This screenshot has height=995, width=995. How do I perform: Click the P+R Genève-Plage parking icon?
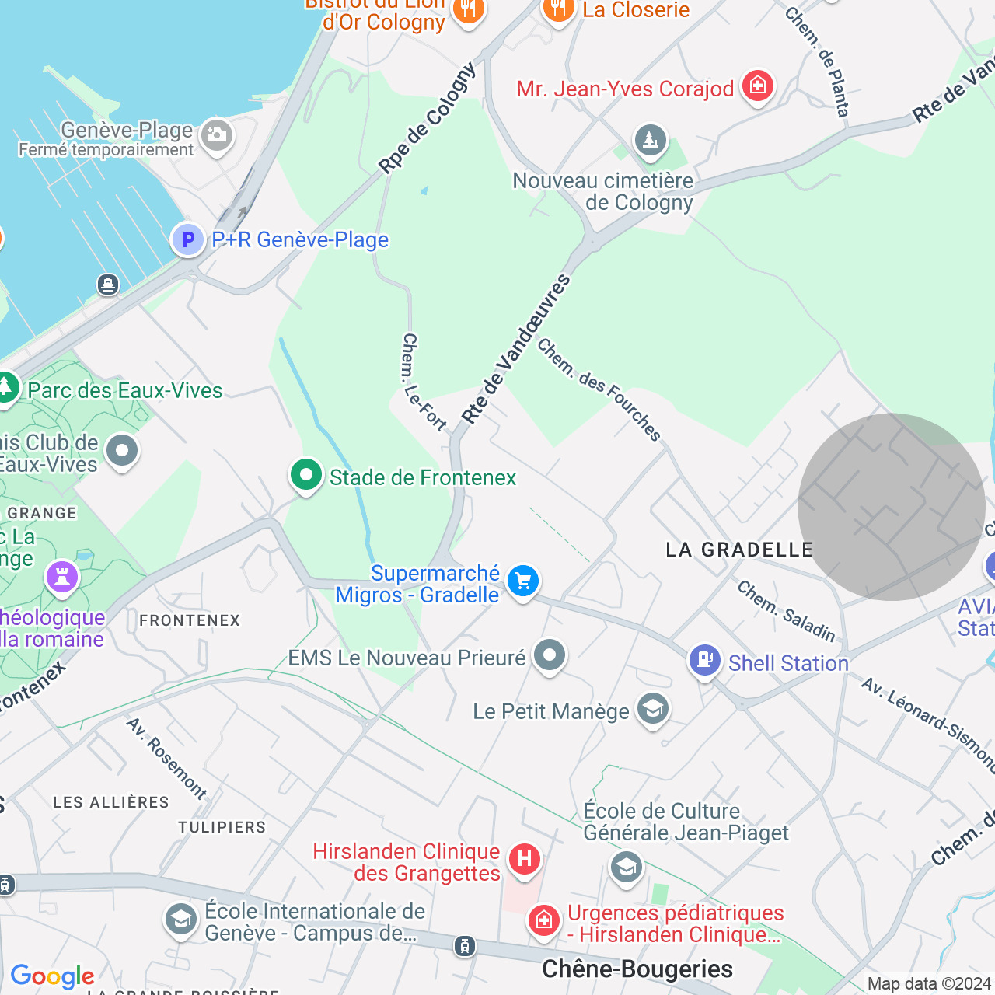tap(187, 239)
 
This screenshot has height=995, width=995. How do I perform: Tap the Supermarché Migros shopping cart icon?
tap(523, 581)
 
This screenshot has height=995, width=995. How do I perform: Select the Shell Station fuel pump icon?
tap(705, 661)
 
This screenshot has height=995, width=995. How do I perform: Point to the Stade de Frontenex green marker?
tap(306, 474)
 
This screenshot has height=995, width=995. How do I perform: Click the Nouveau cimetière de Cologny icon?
tap(651, 141)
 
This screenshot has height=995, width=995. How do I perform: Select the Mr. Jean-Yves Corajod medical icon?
tap(758, 86)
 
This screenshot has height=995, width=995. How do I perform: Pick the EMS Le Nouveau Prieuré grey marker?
tap(550, 656)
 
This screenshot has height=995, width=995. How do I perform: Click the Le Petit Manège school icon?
tap(653, 709)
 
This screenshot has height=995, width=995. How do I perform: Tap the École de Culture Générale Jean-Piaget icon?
tap(627, 866)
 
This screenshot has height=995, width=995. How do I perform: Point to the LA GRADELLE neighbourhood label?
tap(739, 550)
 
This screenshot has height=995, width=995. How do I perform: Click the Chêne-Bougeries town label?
tap(637, 969)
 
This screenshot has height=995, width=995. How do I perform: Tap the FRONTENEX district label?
tap(190, 620)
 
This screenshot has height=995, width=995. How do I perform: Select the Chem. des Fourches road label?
tap(599, 389)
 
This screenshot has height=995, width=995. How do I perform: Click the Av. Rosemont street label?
tap(167, 759)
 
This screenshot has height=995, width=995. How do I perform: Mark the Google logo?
tap(53, 976)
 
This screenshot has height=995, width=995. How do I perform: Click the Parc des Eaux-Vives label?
tap(125, 390)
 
